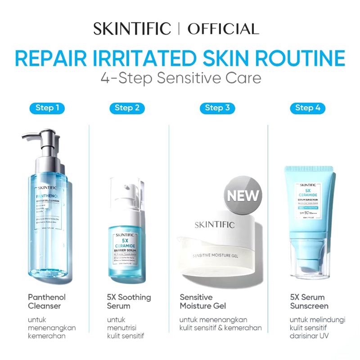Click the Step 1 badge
pos(47,108)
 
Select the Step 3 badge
pos(217,108)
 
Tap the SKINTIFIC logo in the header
pos(132,29)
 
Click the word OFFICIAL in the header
pos(223,29)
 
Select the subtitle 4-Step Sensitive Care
pos(180,78)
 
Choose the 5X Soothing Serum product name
pos(129,301)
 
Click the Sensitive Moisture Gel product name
pos(202,301)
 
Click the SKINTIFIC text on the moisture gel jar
pos(215,225)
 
